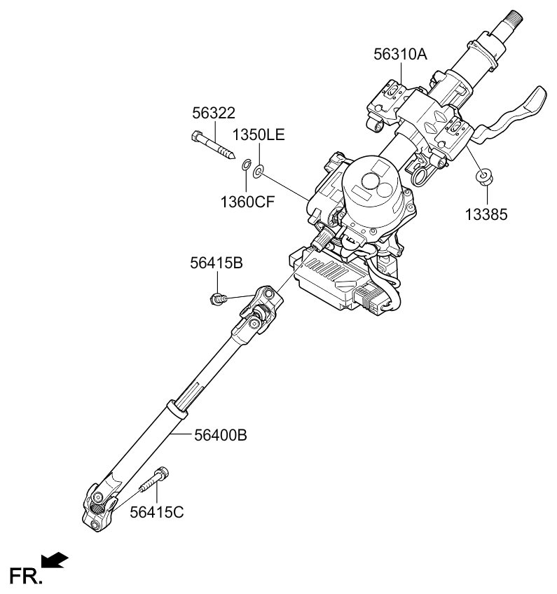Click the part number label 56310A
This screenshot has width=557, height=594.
pyautogui.click(x=399, y=55)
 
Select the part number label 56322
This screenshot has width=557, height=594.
pyautogui.click(x=214, y=114)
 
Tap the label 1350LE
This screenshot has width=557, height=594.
pyautogui.click(x=259, y=135)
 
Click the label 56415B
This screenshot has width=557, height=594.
pyautogui.click(x=216, y=264)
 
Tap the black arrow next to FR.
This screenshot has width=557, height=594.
pyautogui.click(x=56, y=559)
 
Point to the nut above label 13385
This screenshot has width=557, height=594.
pyautogui.click(x=482, y=177)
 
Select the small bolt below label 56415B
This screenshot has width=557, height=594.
pyautogui.click(x=219, y=300)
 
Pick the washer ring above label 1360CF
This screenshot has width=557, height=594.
pyautogui.click(x=246, y=165)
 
